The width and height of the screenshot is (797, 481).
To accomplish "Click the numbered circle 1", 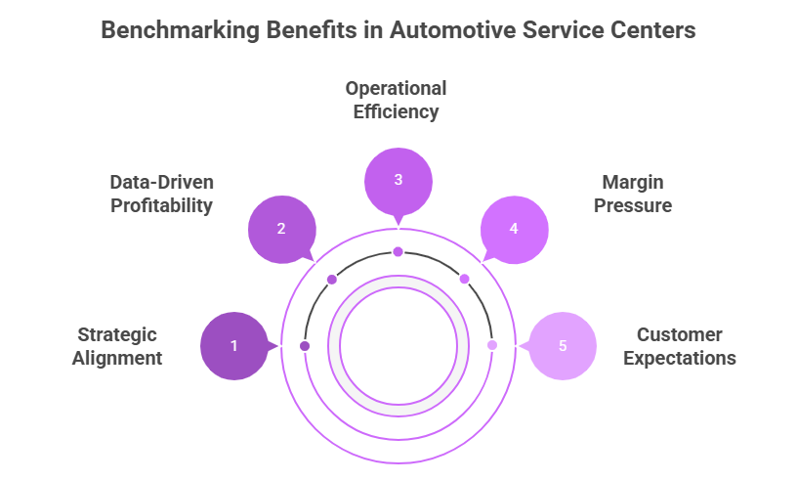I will click(x=233, y=345).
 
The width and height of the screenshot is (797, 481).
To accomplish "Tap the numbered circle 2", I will click(x=281, y=229).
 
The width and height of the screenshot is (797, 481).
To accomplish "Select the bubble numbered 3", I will click(x=398, y=180).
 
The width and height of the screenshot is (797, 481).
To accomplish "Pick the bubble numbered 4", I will click(x=515, y=229).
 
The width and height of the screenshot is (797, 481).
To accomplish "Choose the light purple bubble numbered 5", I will click(x=562, y=345).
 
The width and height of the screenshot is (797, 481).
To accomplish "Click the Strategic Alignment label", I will click(x=117, y=346).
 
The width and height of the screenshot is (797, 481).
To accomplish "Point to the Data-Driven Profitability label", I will click(x=161, y=194).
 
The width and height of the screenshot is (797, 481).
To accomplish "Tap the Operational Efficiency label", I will click(x=396, y=100).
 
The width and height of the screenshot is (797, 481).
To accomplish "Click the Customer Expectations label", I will click(x=679, y=346).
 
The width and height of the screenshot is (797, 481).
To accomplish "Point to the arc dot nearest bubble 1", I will click(x=305, y=346).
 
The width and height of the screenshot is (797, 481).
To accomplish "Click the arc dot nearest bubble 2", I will click(x=332, y=280).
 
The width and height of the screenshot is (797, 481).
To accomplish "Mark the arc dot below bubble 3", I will click(x=398, y=252).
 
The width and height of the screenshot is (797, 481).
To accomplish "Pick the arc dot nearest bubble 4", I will click(x=464, y=280).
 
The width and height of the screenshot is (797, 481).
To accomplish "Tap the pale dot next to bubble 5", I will click(x=491, y=346).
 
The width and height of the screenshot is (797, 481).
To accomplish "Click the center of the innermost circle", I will click(x=398, y=345).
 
